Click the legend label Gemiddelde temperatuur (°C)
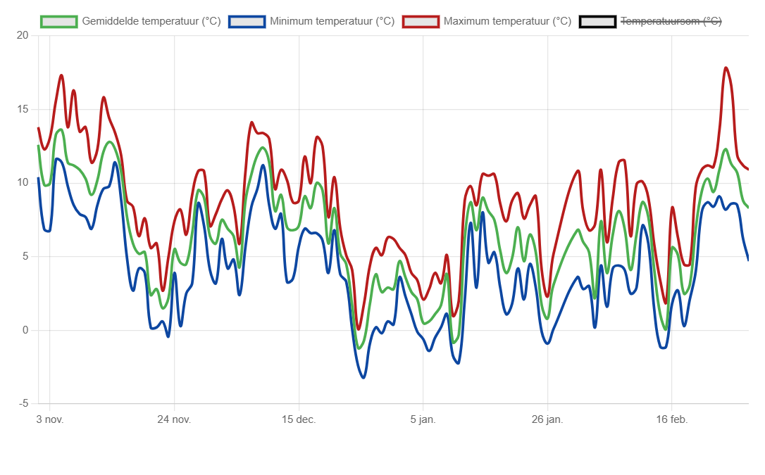tap(151, 21)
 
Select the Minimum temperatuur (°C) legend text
tap(332, 21)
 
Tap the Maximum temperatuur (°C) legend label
tap(507, 21)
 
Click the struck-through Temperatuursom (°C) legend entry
tap(671, 21)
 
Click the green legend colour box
tap(58, 21)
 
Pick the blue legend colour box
tap(247, 21)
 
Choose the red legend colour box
tap(421, 21)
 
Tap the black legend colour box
tap(597, 21)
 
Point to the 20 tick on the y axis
tap(23, 35)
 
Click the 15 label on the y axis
tap(23, 109)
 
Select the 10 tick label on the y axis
tap(23, 183)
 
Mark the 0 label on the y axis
tap(25, 330)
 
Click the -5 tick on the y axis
tap(23, 404)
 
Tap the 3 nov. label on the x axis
tap(49, 420)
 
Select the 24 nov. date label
tap(174, 420)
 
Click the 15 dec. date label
tap(299, 420)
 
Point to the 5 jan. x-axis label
tap(423, 420)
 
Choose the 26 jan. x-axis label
tap(547, 420)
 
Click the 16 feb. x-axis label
tap(671, 420)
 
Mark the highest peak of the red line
tap(726, 68)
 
